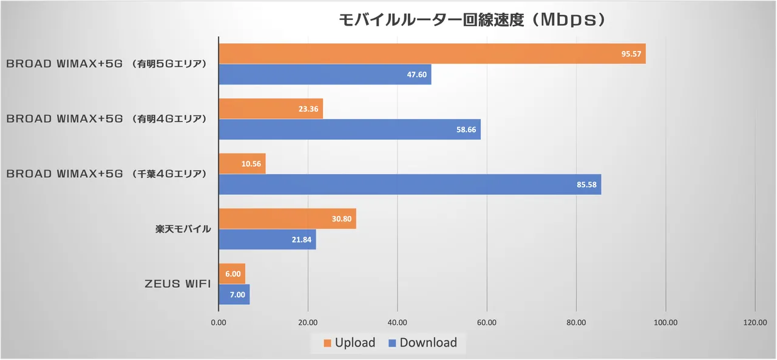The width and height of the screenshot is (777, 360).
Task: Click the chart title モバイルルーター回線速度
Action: coord(472,19)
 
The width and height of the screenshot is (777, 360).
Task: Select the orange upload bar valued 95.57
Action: coord(432,53)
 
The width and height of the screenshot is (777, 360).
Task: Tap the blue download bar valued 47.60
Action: coord(325,75)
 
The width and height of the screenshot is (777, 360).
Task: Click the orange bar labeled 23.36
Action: coord(271,109)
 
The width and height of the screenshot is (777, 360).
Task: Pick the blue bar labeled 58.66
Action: coord(350,129)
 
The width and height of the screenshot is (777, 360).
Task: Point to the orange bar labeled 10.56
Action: coord(242,163)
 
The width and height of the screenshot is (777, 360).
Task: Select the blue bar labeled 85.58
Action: coord(410,185)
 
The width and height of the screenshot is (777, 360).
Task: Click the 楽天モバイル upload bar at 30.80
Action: coord(287,219)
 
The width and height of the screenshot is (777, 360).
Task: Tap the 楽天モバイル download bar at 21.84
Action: coord(267,239)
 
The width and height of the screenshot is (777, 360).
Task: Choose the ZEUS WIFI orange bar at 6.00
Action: coord(232,274)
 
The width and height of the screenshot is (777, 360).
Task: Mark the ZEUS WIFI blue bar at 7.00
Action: coord(234,294)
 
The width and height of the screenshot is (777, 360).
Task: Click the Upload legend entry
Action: coord(349,343)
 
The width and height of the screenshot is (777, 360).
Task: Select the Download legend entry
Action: coord(422,343)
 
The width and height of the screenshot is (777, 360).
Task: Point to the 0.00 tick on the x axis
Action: coord(219,322)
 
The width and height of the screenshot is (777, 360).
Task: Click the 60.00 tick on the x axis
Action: coord(487,322)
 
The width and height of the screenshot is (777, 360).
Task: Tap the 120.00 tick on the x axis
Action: coord(755,322)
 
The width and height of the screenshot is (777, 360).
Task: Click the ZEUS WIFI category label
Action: coord(178,284)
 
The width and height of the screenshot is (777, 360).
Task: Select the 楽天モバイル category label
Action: coord(183,229)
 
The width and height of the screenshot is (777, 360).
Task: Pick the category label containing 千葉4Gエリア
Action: coord(107,174)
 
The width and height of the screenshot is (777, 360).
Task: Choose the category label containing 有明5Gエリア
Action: coord(107,64)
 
